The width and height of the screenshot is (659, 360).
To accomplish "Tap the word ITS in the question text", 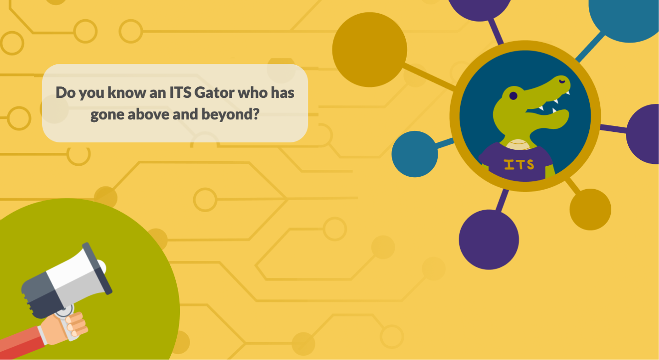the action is (x=180, y=92).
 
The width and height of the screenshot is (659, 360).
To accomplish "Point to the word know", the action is (x=127, y=92).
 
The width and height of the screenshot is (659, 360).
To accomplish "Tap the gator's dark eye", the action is (x=513, y=96).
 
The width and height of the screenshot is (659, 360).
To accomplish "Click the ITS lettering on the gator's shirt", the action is (x=519, y=164).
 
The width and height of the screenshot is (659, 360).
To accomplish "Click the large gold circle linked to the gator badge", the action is (x=369, y=50).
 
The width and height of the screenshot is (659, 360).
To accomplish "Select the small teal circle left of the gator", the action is (x=415, y=154).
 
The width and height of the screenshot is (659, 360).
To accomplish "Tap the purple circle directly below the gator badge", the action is (x=489, y=239).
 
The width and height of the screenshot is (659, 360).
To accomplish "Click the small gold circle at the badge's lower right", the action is (x=590, y=209).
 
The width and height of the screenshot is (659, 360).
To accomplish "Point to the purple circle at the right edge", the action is (x=643, y=134).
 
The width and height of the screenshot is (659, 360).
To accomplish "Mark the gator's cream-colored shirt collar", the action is (x=519, y=144).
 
